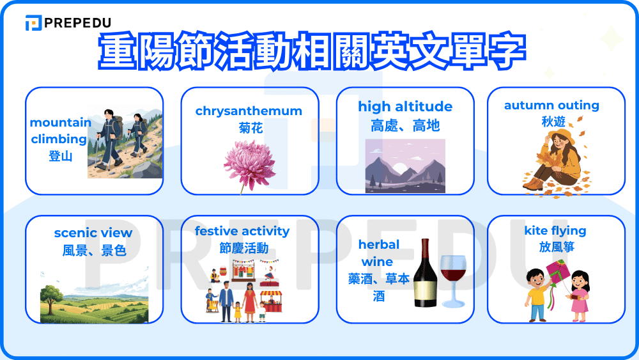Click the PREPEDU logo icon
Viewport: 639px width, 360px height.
point(33,23)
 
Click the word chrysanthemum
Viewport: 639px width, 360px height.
point(249,111)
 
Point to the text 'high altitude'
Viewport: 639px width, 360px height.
point(405,106)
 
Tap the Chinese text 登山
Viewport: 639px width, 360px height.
point(61,155)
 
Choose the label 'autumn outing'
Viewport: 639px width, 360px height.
point(551,105)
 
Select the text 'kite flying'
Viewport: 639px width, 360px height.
point(555,230)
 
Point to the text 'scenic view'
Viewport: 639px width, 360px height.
point(93,233)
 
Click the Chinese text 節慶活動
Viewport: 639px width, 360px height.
point(243,248)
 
